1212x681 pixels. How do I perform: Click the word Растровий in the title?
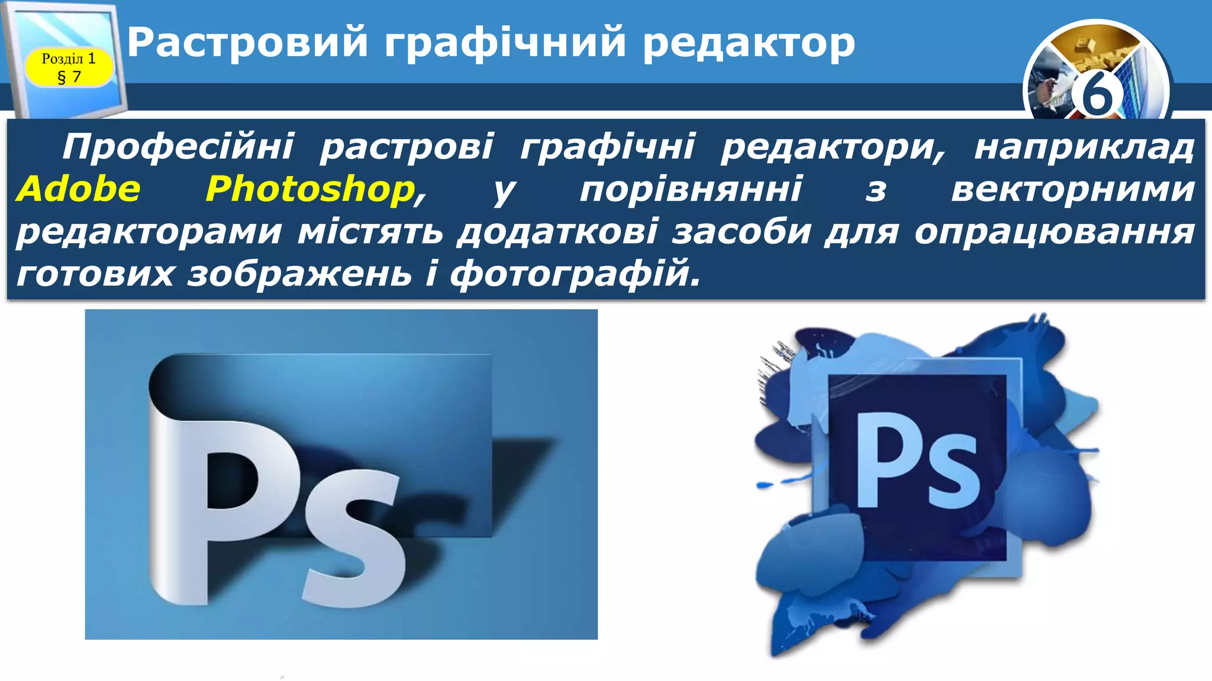[248, 43]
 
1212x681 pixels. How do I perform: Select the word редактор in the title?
[749, 44]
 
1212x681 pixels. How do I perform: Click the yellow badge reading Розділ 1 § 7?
[69, 67]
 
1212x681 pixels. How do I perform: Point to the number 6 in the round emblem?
[1097, 95]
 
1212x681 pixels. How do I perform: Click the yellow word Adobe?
[79, 189]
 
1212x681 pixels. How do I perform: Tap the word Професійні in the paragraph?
[178, 147]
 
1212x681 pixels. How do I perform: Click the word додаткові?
[557, 232]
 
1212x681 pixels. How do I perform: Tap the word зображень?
[299, 274]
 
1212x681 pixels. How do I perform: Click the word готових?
[95, 274]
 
